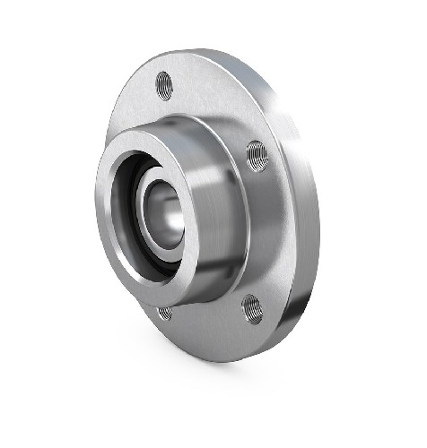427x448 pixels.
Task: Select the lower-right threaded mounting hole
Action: coord(251,308)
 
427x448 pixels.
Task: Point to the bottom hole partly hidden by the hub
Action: coord(165,312)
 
